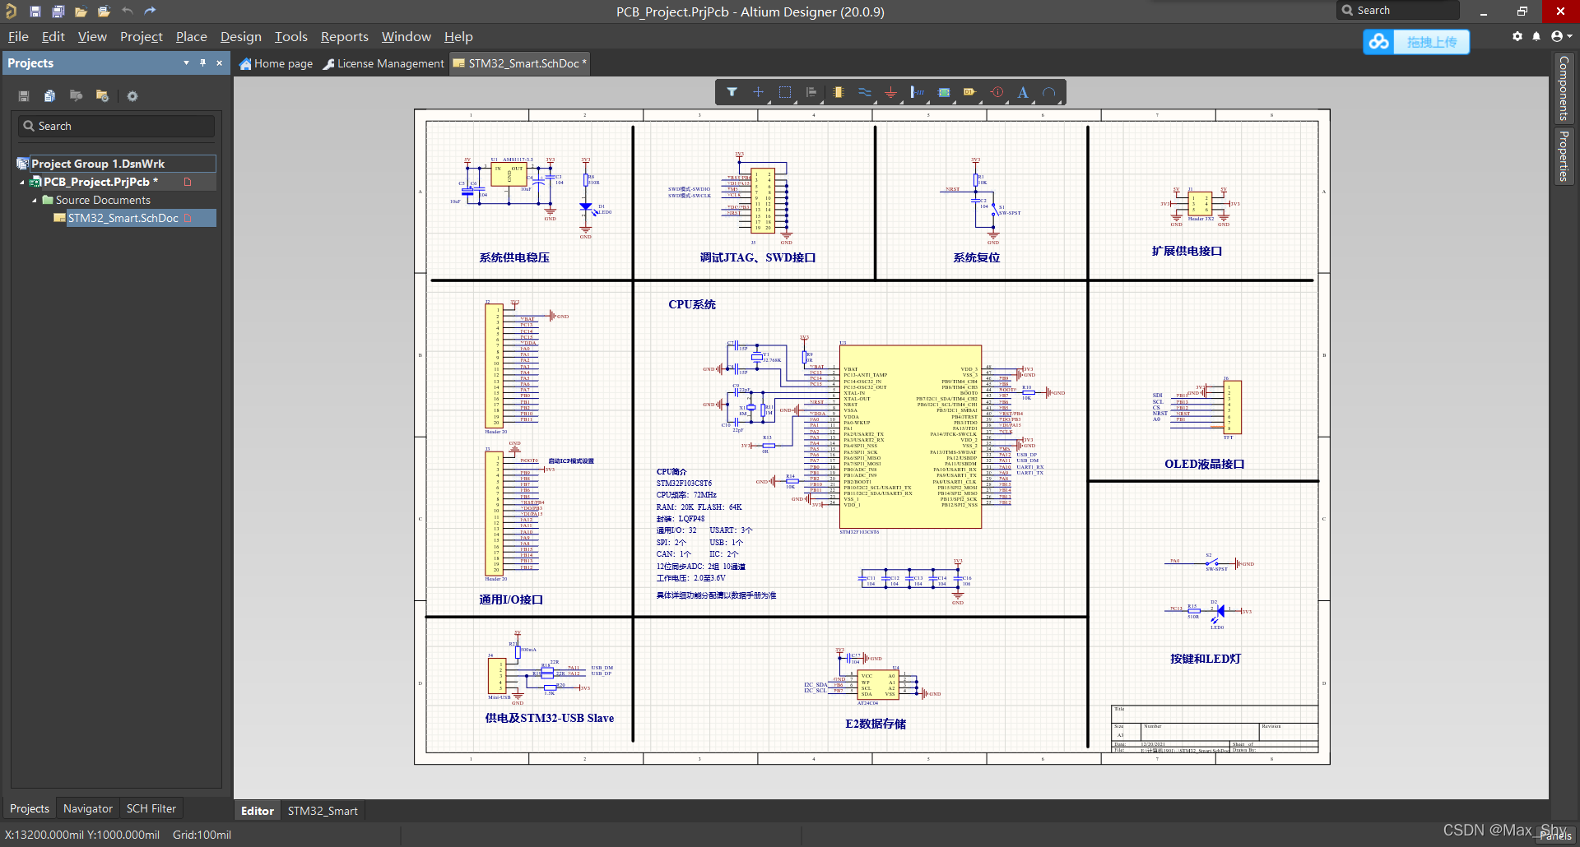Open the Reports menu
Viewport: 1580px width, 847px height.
(x=344, y=37)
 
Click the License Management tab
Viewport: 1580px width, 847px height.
(x=383, y=63)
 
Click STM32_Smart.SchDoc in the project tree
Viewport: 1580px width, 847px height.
(x=123, y=218)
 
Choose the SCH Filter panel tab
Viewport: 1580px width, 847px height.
(x=151, y=808)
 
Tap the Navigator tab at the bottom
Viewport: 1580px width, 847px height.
(x=87, y=808)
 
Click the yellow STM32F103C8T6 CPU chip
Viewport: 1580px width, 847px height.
(x=911, y=436)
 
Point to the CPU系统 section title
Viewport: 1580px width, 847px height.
(x=691, y=304)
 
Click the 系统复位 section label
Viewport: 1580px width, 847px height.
(x=976, y=257)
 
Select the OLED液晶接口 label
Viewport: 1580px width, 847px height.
(x=1204, y=464)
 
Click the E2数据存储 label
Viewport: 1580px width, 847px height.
(x=876, y=724)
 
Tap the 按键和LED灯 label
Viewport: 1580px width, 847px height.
(x=1206, y=659)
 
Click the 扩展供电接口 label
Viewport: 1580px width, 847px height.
(x=1187, y=251)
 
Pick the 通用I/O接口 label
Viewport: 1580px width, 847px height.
(x=511, y=599)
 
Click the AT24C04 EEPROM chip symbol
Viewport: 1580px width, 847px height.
(x=878, y=685)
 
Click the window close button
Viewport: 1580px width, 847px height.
(x=1559, y=11)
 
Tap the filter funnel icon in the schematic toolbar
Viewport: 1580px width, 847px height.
(x=732, y=92)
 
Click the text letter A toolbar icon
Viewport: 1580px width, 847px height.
(x=1023, y=92)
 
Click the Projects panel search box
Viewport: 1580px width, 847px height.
(x=116, y=126)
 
